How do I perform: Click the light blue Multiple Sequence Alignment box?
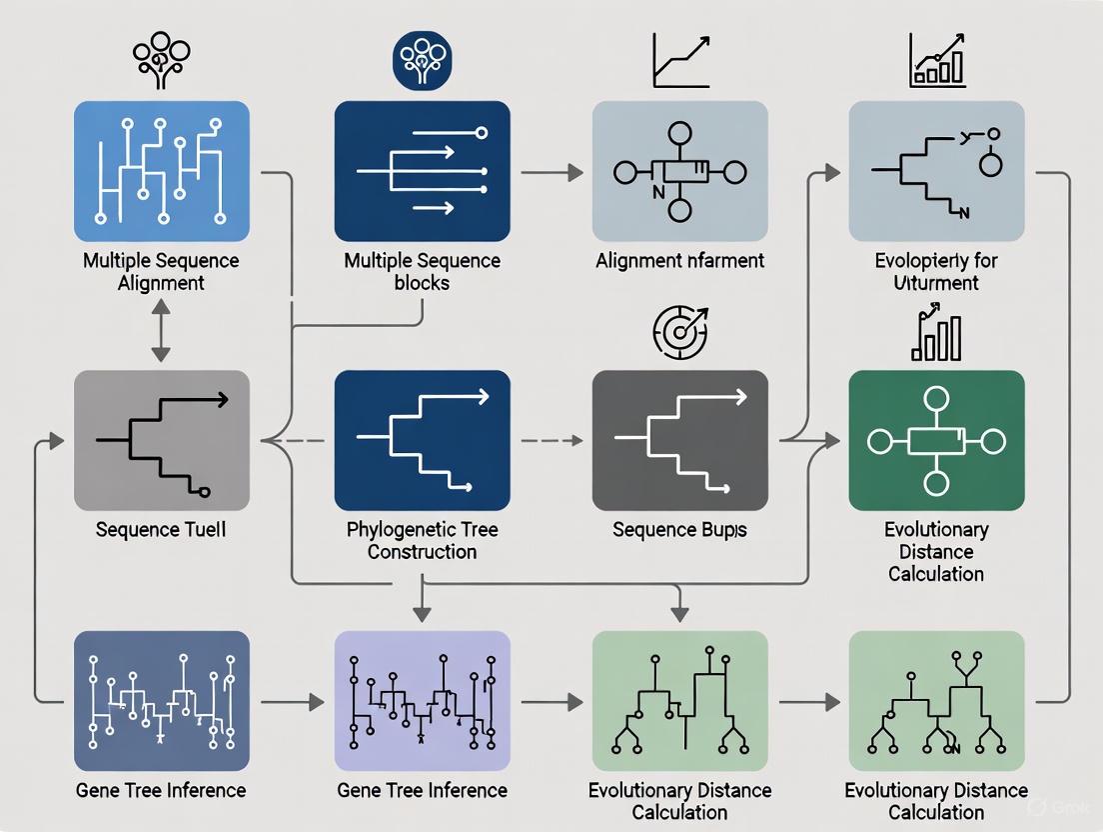[x=162, y=171]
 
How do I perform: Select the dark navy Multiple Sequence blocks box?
[x=422, y=171]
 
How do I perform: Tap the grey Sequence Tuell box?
[x=162, y=440]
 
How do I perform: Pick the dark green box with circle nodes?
[x=936, y=440]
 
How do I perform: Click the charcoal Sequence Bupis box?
[x=679, y=440]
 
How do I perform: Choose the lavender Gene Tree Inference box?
[x=422, y=700]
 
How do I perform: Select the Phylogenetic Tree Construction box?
[x=422, y=440]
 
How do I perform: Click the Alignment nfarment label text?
[x=679, y=261]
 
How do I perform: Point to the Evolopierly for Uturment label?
[x=936, y=271]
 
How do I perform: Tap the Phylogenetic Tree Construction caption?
[x=422, y=540]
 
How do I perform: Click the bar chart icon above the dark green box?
[x=936, y=335]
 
